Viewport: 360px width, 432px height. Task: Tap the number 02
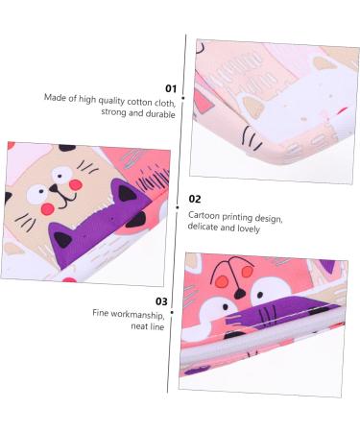pos(196,199)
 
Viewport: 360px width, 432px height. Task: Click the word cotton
pos(132,98)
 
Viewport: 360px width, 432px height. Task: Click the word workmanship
pos(132,313)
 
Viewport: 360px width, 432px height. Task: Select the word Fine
pos(100,313)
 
